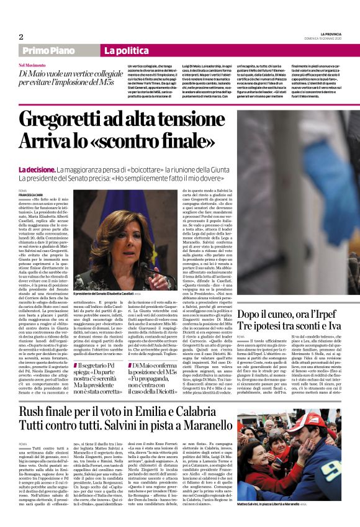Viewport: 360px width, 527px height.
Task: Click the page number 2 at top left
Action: pos(21,37)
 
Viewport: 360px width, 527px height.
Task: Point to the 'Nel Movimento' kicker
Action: pos(34,65)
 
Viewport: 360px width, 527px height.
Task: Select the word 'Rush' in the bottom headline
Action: pos(34,413)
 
